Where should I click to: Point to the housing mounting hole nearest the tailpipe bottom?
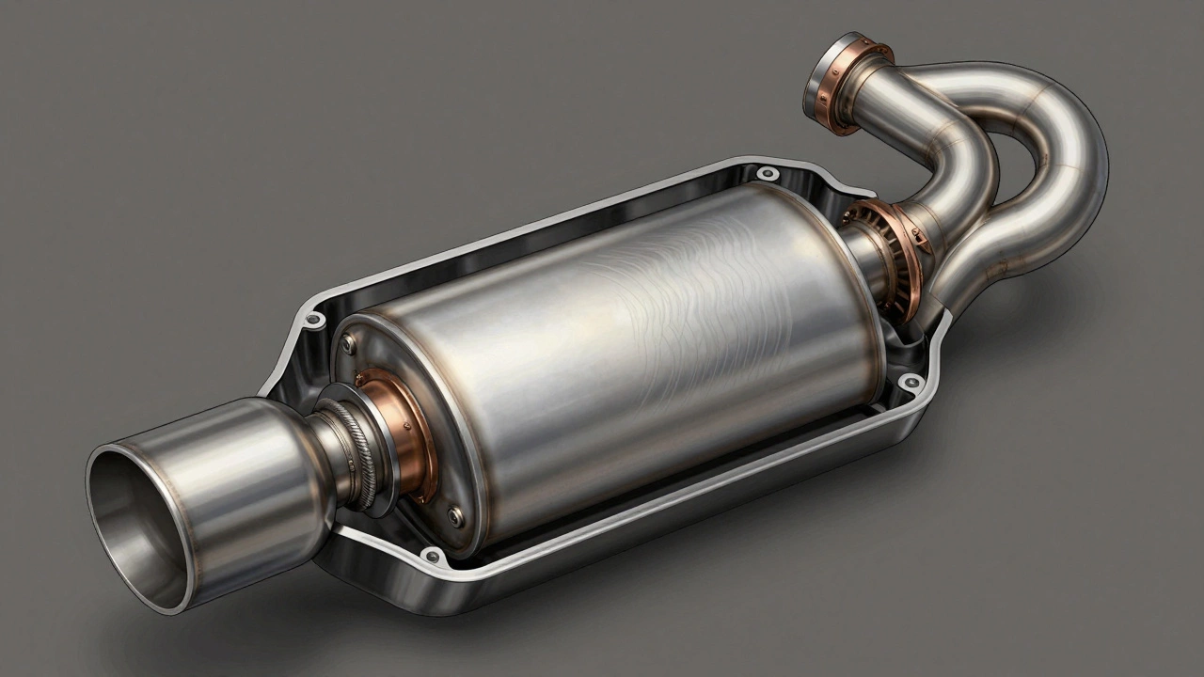click(432, 555)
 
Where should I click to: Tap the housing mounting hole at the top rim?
click(768, 173)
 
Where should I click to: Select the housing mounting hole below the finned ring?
click(910, 381)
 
